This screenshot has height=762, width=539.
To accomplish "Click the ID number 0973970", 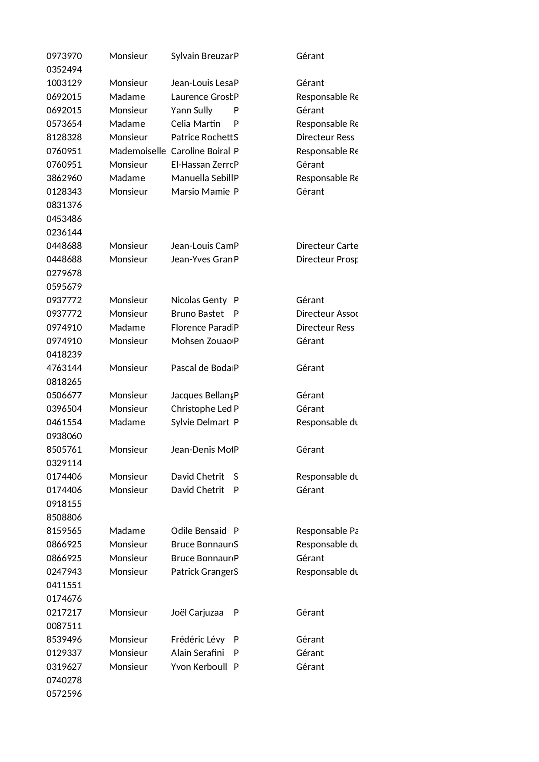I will (64, 56).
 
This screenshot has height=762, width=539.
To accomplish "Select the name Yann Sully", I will (192, 110).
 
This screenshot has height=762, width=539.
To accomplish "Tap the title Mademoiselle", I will (137, 151).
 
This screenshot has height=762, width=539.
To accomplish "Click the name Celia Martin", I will (195, 124).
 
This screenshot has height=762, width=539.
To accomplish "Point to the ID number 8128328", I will (64, 137).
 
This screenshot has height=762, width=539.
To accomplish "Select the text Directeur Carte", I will (327, 246).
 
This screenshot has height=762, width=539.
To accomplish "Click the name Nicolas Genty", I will (198, 300).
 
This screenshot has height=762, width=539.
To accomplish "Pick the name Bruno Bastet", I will (197, 314).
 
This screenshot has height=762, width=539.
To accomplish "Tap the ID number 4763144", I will (64, 368).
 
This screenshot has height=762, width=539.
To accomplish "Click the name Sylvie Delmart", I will (200, 422).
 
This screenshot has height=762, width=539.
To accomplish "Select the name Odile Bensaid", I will (198, 531).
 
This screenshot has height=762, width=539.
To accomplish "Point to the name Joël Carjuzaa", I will (197, 613).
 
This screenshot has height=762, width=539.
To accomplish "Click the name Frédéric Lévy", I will (198, 639).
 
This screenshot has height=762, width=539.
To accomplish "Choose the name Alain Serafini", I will (198, 653).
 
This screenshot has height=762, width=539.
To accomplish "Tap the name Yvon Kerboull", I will (199, 667).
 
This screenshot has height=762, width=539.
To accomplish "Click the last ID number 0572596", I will (64, 694).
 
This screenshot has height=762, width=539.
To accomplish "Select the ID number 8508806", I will (64, 517).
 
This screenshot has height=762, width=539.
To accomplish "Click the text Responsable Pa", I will (327, 531).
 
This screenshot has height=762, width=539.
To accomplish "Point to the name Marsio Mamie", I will (200, 192).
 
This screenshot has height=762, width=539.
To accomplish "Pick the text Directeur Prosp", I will (327, 259).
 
